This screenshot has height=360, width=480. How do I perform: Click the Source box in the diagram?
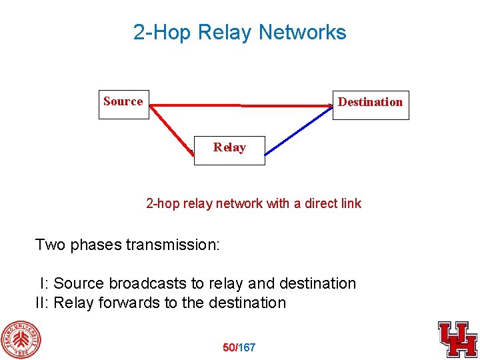click(x=124, y=105)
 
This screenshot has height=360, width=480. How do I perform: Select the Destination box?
click(x=371, y=105)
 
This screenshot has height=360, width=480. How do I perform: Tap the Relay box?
click(x=229, y=149)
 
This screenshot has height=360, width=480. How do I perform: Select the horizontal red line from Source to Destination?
click(x=240, y=105)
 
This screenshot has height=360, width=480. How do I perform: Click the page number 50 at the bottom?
click(x=229, y=347)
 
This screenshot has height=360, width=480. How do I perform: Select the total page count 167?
click(x=247, y=347)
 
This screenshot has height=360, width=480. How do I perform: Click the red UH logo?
click(x=457, y=339)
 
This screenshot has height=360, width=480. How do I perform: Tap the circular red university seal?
click(x=20, y=340)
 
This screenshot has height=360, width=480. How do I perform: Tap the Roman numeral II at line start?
click(x=42, y=303)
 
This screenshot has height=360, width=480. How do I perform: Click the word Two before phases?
click(x=51, y=245)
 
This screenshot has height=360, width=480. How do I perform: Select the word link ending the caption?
click(x=351, y=203)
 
